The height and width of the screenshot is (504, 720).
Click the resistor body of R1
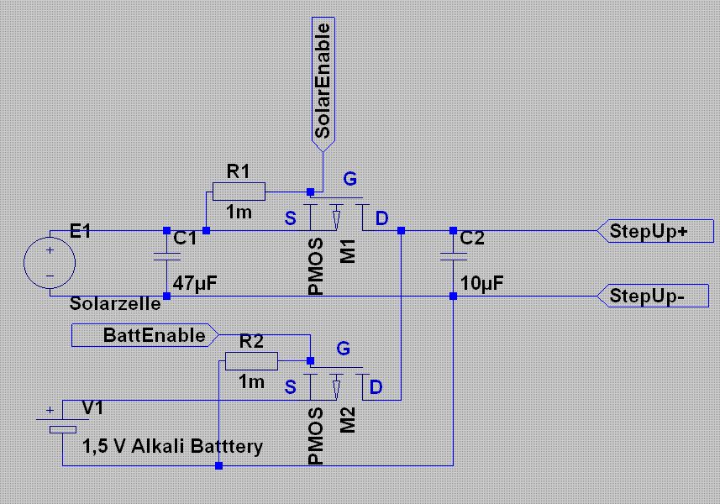point(239,192)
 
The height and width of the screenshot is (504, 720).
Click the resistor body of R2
point(251,362)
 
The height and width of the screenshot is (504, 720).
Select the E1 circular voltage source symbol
point(50,263)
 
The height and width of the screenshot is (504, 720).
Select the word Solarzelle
point(117,303)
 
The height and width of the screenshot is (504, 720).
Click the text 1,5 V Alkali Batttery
point(172,446)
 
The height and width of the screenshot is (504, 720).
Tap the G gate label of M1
point(350,178)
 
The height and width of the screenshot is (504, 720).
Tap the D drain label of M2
point(376,387)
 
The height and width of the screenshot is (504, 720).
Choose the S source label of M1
point(291,219)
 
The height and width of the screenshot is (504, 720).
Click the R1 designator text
point(239,172)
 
